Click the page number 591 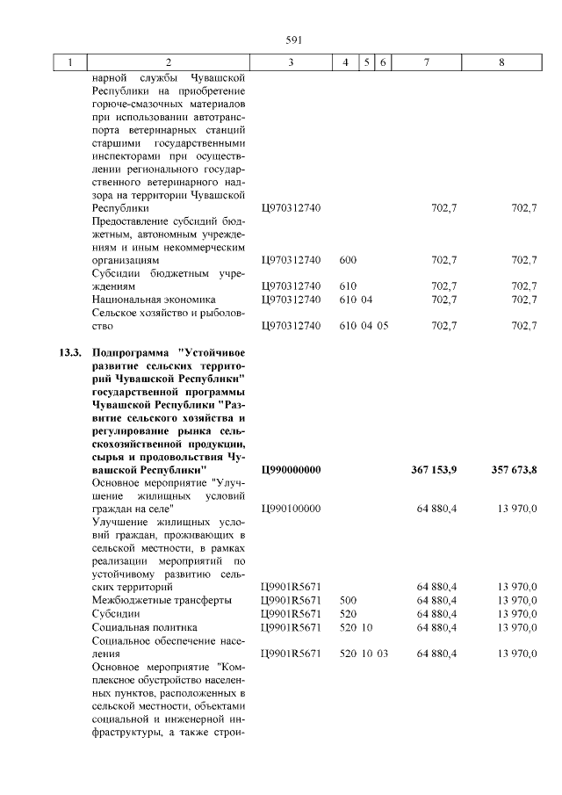(x=294, y=40)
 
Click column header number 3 (x=290, y=62)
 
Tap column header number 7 (x=426, y=62)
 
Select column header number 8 (x=501, y=62)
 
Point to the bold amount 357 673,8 (x=513, y=470)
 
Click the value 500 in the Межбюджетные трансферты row (x=347, y=600)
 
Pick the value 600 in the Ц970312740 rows (x=347, y=260)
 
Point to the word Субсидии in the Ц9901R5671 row (x=119, y=613)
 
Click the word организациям (x=126, y=260)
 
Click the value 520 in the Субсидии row (x=347, y=613)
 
